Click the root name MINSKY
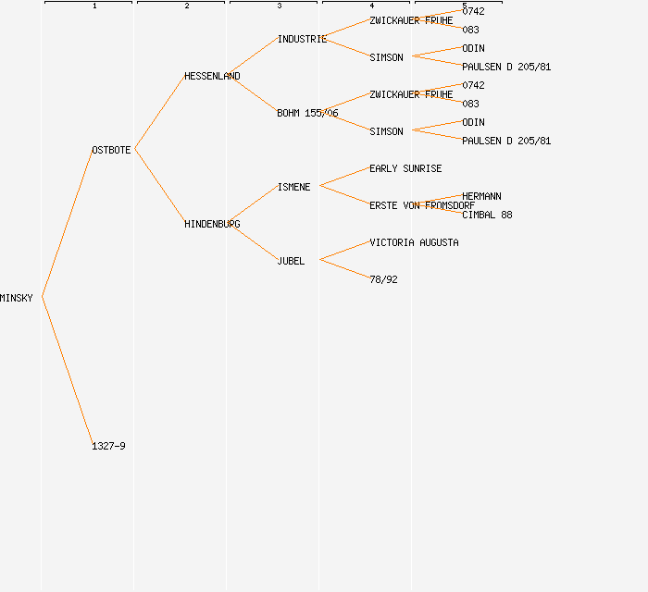coord(17,298)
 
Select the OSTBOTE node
coord(111,150)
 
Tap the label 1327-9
coord(108,446)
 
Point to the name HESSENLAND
coord(212,76)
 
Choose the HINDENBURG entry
coord(212,224)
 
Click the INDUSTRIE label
coord(302,39)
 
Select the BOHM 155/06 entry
coord(307,113)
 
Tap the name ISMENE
coord(293,187)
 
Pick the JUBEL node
coord(291,261)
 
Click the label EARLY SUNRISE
coord(405,168)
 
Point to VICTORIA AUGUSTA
coord(414,242)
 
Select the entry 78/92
coord(383,279)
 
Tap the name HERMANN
coord(481,196)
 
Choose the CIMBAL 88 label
coord(487,215)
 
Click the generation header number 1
coord(94,6)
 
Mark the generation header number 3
coord(280,6)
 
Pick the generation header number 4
coord(372,6)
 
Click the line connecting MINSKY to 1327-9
coord(68,372)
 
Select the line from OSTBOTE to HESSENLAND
coord(160,112)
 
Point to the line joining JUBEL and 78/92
coord(344,269)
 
